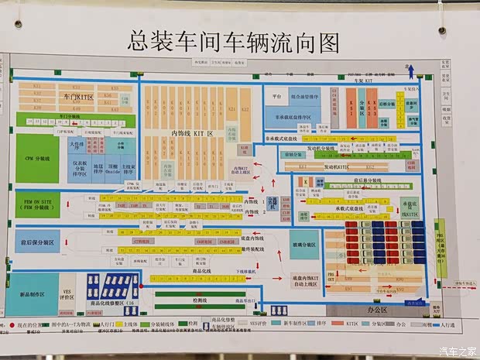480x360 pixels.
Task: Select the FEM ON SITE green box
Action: point(36,204)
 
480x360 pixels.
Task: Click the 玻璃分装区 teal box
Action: point(303,245)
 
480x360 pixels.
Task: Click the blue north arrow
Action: point(412,71)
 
